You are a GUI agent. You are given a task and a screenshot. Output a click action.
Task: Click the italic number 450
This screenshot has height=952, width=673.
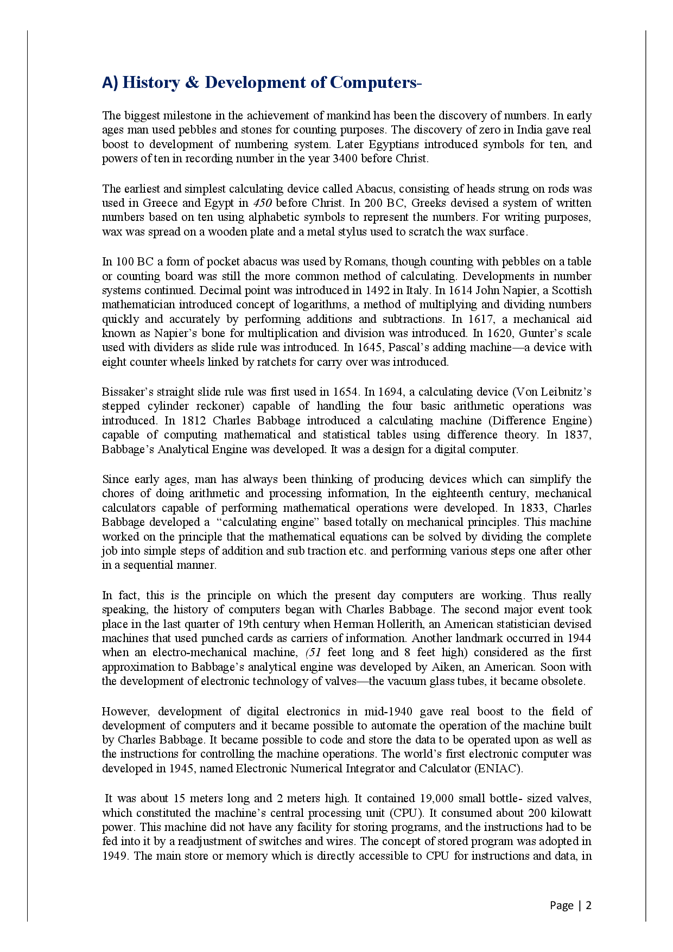click(x=263, y=203)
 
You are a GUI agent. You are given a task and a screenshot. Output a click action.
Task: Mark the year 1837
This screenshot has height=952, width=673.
click(x=577, y=435)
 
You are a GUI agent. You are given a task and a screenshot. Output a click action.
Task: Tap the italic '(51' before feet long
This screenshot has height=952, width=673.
click(x=314, y=652)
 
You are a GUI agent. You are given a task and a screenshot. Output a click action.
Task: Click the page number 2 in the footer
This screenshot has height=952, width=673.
click(x=588, y=905)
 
